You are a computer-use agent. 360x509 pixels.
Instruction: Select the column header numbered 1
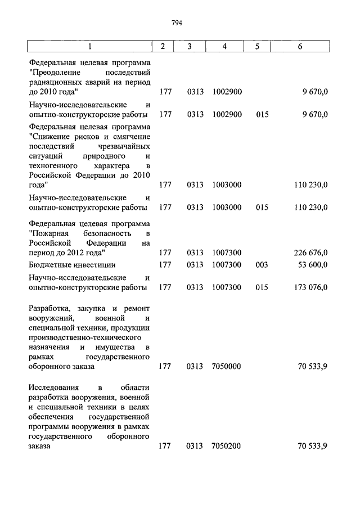(x=90, y=46)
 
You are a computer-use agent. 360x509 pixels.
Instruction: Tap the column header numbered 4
(x=224, y=46)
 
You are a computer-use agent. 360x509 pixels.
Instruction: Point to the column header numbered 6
(x=300, y=46)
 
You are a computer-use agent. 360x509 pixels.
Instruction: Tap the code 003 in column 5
(x=262, y=264)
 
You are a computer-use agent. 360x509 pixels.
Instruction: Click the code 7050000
(x=227, y=366)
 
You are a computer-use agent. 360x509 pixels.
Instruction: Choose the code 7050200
(x=227, y=446)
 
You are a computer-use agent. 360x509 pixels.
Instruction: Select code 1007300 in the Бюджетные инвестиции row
(x=227, y=264)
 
